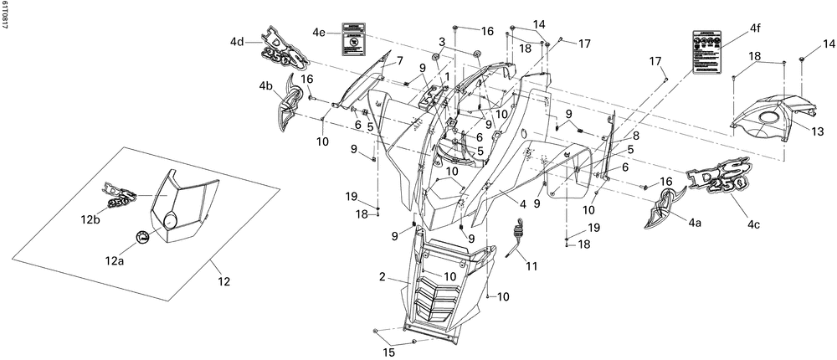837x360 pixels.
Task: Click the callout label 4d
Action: click(238, 42)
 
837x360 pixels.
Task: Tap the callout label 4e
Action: click(319, 33)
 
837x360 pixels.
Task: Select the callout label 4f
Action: click(755, 28)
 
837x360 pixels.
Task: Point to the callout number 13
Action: click(818, 131)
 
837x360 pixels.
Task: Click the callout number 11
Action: click(532, 266)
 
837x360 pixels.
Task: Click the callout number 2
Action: click(382, 276)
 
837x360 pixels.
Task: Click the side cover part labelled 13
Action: click(774, 117)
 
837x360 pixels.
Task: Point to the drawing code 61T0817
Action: click(6, 16)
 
